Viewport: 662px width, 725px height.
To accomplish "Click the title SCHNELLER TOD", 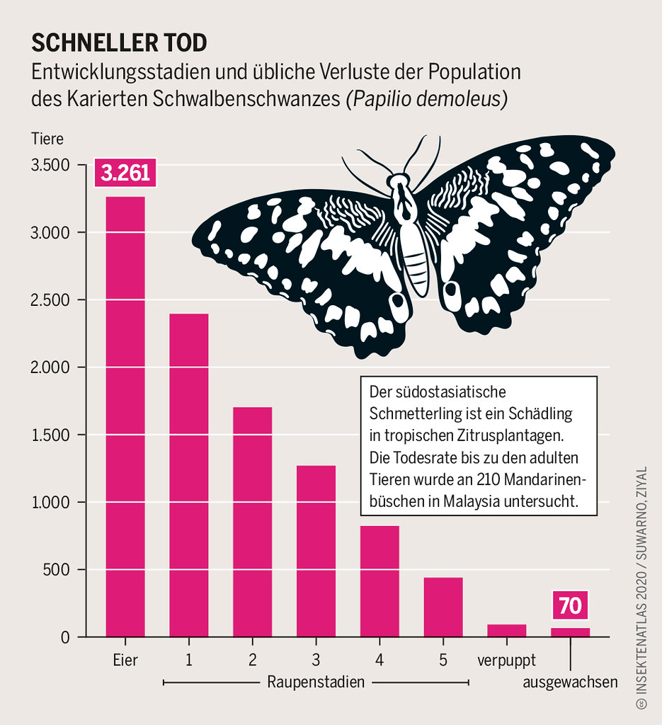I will coord(119,42).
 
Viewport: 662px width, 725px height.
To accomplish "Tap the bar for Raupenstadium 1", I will coord(189,475).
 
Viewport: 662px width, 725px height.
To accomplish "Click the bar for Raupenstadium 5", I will coord(443,607).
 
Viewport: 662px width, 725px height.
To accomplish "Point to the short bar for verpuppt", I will coord(507,630).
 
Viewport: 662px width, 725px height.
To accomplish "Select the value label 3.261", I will coord(125,173).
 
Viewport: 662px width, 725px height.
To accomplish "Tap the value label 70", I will coord(570,606).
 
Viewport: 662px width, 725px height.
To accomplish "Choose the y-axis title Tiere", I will coord(47,139).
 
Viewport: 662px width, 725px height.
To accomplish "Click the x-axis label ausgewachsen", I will coord(570,683).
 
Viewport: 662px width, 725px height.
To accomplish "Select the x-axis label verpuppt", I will coord(506,661).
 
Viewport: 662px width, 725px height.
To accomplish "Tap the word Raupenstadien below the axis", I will coord(316,683).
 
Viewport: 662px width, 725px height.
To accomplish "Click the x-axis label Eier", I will coord(125,661).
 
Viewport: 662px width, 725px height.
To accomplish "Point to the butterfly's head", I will coord(401,182).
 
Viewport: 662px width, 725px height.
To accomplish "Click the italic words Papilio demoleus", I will coord(426,98).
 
